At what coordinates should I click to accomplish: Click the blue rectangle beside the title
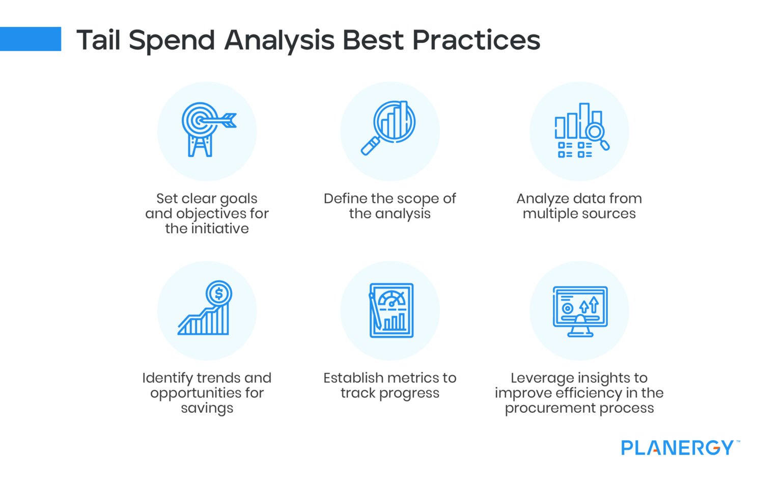click(x=31, y=39)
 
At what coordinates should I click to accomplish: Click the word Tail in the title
click(x=99, y=40)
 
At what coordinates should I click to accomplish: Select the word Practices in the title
click(x=476, y=40)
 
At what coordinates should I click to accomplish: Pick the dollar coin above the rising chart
click(x=219, y=294)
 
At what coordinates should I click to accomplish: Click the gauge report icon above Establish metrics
click(x=391, y=310)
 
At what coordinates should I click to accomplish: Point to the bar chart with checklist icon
click(x=580, y=130)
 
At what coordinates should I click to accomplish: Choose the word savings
click(x=207, y=408)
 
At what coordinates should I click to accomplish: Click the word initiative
click(x=220, y=229)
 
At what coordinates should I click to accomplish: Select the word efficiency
click(x=589, y=393)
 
